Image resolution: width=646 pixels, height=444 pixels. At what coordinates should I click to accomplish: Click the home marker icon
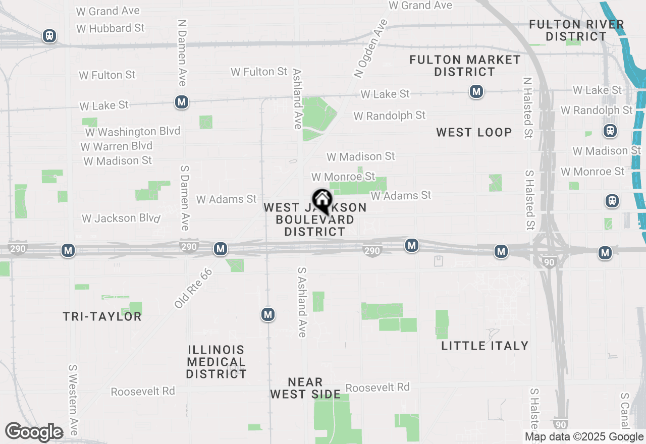tap(322, 201)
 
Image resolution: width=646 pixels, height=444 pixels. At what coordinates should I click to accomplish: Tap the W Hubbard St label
tap(111, 28)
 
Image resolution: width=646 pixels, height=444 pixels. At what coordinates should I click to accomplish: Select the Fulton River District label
tap(577, 30)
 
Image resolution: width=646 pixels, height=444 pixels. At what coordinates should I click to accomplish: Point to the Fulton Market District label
tap(465, 66)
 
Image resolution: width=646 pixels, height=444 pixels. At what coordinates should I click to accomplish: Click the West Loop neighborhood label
tap(474, 132)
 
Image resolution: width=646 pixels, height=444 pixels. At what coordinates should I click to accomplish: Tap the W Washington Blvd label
tap(133, 132)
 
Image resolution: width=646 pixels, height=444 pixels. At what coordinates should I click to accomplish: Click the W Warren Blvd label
tap(116, 146)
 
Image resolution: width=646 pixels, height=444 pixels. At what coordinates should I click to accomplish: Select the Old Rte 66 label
tap(193, 288)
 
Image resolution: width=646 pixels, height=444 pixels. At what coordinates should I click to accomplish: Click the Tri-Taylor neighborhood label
tap(102, 316)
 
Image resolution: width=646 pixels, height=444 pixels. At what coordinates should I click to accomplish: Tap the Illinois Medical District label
tap(216, 362)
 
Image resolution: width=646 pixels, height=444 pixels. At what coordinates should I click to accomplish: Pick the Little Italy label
tap(484, 346)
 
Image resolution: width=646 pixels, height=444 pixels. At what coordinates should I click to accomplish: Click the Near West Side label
tap(305, 388)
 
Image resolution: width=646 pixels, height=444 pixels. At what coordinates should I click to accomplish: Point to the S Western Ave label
tap(74, 400)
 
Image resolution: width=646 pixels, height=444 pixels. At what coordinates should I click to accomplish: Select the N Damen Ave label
tap(183, 53)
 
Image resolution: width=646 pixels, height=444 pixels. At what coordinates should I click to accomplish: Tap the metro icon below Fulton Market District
tap(476, 91)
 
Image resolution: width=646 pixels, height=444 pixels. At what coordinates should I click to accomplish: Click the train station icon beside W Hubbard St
tap(49, 36)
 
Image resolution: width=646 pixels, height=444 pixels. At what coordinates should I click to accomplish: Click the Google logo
tap(34, 432)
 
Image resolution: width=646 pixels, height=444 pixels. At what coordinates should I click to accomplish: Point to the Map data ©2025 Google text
tap(584, 437)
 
